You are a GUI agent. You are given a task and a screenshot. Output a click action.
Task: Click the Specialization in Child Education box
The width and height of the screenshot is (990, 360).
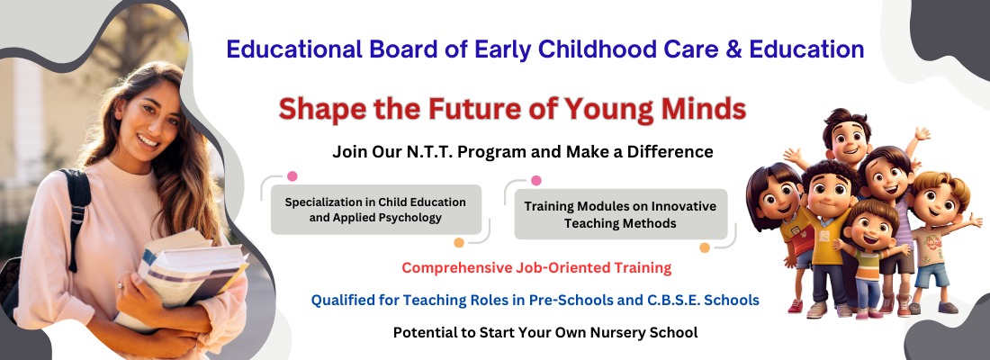tap(376, 210)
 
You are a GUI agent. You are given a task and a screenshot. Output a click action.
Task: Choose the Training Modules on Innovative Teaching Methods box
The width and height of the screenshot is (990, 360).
tap(621, 214)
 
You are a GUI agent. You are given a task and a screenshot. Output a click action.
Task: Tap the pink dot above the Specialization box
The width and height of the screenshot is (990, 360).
tap(292, 176)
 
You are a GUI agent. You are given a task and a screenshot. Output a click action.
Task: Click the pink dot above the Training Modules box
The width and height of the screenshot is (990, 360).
tap(536, 181)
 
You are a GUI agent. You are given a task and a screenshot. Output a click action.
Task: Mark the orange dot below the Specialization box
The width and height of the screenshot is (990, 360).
tap(459, 242)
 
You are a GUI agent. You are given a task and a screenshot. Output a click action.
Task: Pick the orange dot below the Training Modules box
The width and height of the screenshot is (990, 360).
tap(705, 247)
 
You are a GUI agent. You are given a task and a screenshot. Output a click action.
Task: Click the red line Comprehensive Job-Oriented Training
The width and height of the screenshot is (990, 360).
tap(536, 268)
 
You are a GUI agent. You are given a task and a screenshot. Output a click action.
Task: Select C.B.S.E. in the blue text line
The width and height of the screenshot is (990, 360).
tap(671, 300)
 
